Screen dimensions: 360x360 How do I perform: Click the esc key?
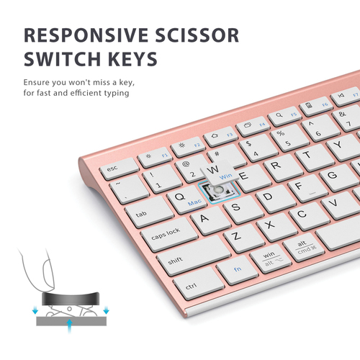[119, 168]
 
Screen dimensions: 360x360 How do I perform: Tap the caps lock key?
[169, 235]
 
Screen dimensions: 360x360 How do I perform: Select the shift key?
[194, 255]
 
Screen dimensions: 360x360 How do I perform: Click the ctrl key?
[199, 283]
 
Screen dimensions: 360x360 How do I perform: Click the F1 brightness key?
[155, 158]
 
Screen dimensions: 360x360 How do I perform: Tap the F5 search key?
[285, 116]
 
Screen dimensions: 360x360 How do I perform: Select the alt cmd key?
[304, 247]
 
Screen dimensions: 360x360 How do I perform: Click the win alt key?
[271, 258]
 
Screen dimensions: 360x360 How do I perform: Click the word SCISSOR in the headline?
[197, 35]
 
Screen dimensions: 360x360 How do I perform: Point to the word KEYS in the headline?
[132, 59]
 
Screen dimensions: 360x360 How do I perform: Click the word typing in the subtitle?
[117, 93]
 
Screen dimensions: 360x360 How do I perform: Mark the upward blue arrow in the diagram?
[70, 326]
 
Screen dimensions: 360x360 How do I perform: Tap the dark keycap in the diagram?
[70, 299]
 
